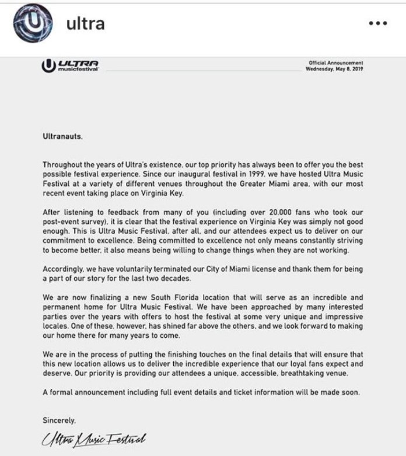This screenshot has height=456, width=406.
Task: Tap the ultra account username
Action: [x=86, y=23]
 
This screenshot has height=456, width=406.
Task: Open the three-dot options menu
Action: [x=378, y=23]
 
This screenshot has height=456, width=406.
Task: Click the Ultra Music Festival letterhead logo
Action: [x=71, y=66]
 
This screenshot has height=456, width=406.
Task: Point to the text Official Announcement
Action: [x=336, y=63]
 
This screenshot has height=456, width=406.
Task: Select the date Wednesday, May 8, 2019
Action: [x=334, y=69]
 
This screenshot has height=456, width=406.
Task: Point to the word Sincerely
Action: [x=60, y=419]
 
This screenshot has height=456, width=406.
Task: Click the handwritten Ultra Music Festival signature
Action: [x=94, y=437]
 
